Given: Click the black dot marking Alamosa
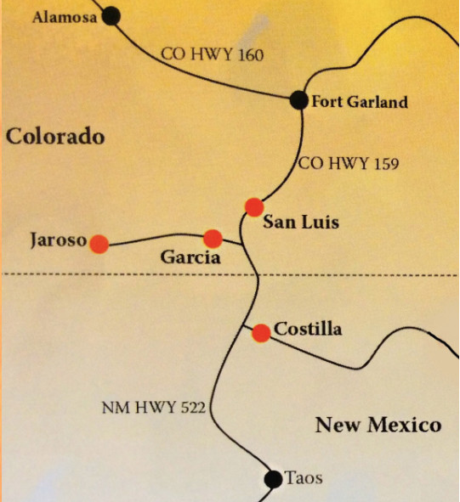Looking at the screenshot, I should (111, 15).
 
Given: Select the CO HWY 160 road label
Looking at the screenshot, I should (213, 54).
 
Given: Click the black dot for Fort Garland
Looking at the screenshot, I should (298, 100).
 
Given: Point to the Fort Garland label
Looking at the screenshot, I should (360, 102).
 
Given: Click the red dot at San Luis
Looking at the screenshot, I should (253, 206).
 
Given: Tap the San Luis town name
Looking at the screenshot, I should (300, 223).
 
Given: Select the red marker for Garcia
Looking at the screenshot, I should (213, 239).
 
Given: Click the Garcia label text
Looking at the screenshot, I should (190, 258).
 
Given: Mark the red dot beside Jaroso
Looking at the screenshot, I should (99, 244).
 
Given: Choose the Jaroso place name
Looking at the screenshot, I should (57, 241).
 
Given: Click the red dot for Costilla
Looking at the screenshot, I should (262, 333).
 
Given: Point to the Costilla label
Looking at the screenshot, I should (309, 329).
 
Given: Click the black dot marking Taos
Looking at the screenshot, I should (273, 480).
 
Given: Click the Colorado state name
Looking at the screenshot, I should (55, 136).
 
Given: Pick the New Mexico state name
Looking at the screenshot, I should (378, 425).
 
